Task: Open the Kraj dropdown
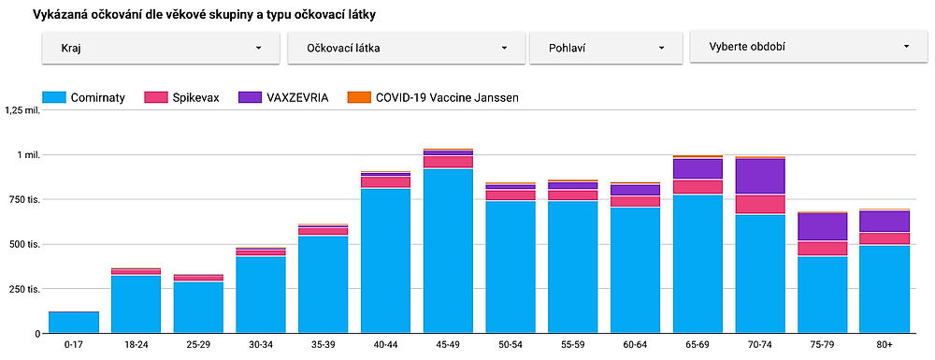pyautogui.click(x=161, y=47)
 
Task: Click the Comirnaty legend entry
pyautogui.click(x=84, y=97)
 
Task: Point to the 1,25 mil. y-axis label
pyautogui.click(x=23, y=110)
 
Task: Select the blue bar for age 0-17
pyautogui.click(x=73, y=323)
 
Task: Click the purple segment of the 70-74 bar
pyautogui.click(x=760, y=176)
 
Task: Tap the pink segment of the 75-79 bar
pyautogui.click(x=823, y=249)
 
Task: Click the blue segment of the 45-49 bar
pyautogui.click(x=448, y=252)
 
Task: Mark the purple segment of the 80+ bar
pyautogui.click(x=885, y=221)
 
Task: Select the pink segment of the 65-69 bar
pyautogui.click(x=698, y=187)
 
